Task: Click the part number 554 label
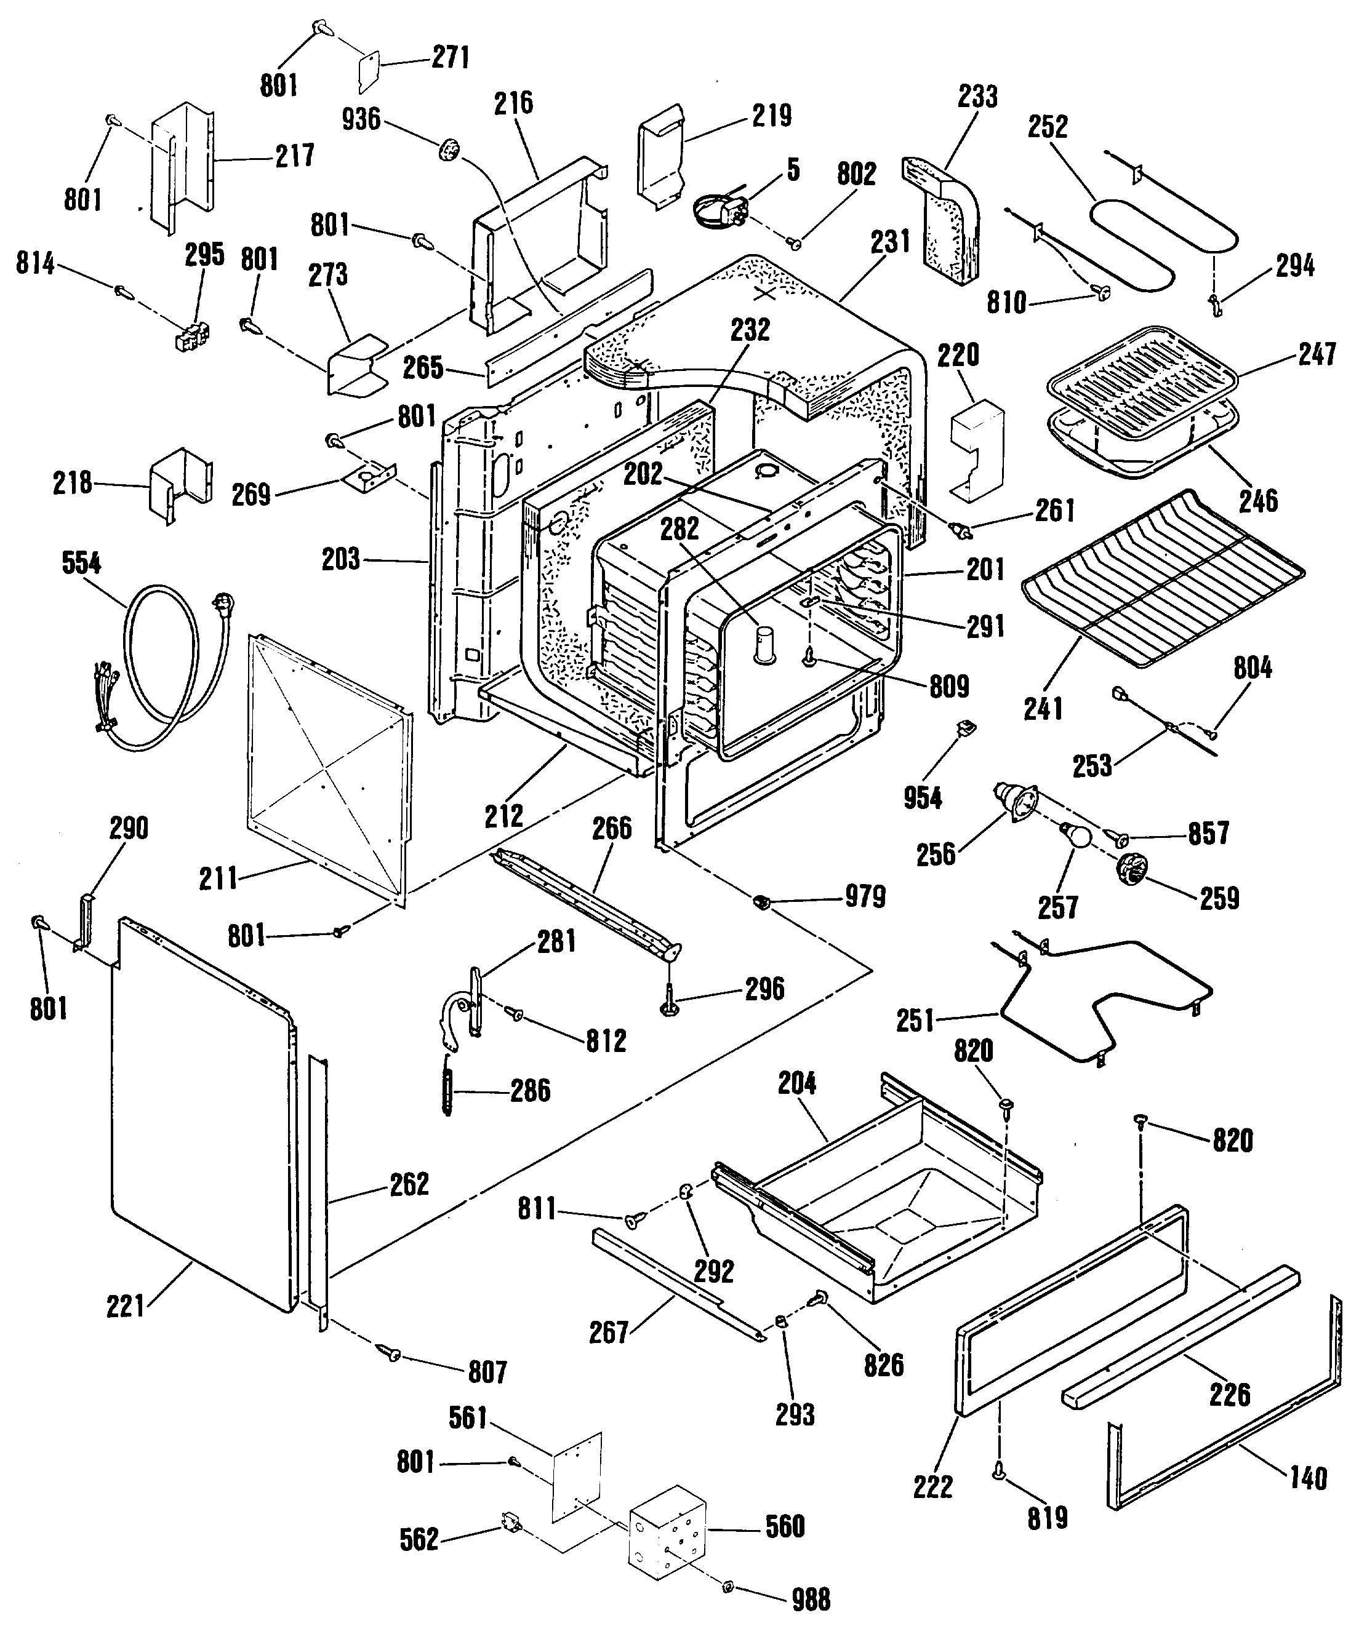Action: coord(81,562)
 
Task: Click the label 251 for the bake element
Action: coord(915,1020)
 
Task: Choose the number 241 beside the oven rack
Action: coord(1043,708)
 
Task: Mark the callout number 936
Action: coord(361,119)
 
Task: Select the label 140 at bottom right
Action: coord(1308,1478)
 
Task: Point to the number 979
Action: coord(865,897)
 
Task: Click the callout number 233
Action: coord(977,97)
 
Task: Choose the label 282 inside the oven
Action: coord(679,529)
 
